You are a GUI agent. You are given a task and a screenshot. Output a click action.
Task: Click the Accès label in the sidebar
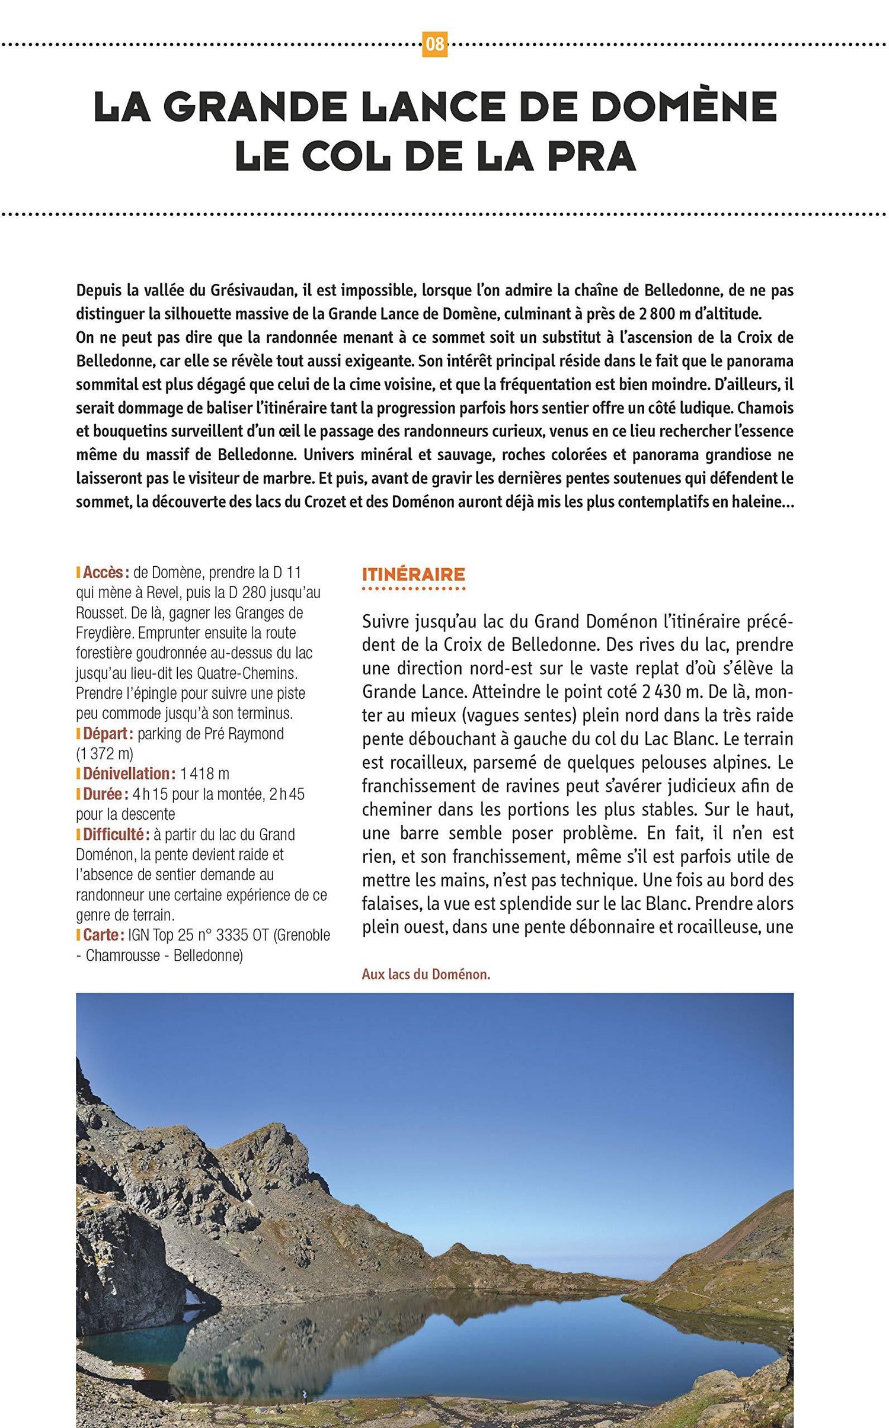tap(105, 573)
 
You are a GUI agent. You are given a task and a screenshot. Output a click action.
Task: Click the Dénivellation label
tap(129, 774)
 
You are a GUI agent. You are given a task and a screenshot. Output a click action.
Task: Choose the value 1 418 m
tap(204, 774)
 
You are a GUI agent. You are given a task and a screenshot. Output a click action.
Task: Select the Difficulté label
tap(116, 835)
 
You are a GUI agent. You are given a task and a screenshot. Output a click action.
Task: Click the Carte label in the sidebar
tap(103, 935)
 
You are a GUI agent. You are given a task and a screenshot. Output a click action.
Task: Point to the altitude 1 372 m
tap(104, 754)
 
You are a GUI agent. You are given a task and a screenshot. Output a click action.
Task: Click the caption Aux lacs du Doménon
tap(426, 974)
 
